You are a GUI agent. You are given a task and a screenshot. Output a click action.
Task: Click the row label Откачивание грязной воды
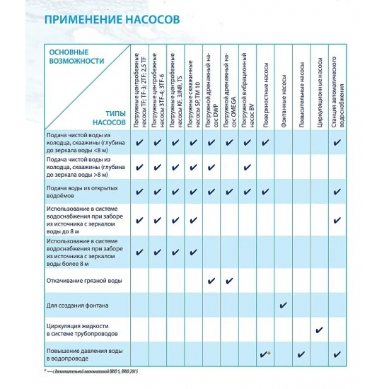84,281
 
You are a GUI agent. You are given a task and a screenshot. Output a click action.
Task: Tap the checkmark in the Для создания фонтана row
283,306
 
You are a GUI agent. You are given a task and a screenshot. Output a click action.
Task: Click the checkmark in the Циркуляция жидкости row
320,330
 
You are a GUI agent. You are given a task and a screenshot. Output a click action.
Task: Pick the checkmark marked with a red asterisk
264,353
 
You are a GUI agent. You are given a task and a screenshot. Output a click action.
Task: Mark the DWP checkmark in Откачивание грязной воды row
210,281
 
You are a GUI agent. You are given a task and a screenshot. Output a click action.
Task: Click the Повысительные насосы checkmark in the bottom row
301,354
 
